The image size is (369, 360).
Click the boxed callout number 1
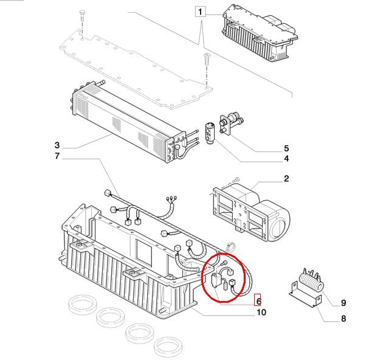201,12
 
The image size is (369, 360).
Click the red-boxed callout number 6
258,300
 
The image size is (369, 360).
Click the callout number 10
261,313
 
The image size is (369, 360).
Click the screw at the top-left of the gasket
81,21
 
